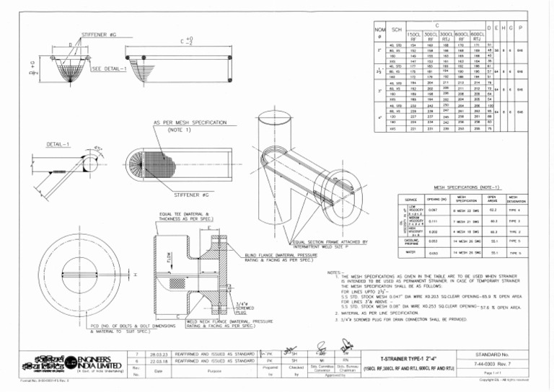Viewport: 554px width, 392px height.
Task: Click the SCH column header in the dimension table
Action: point(397,30)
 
